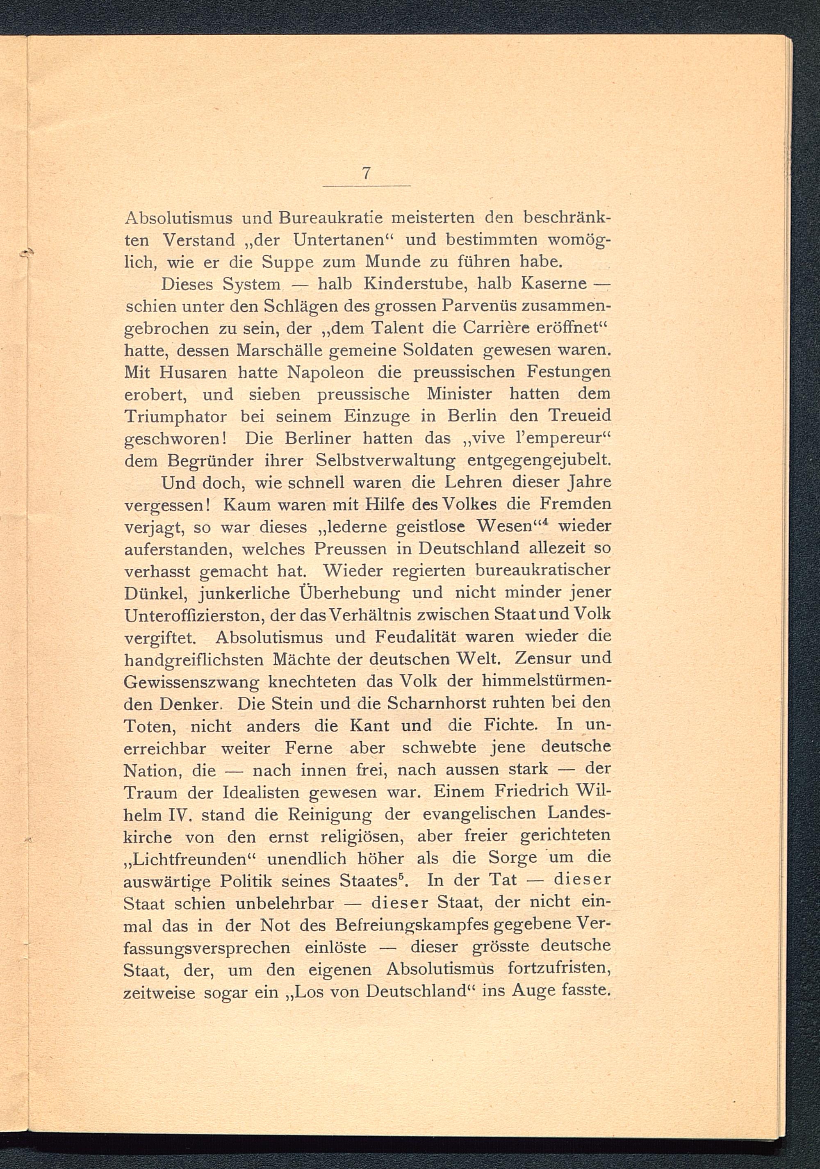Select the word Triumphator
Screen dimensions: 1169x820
[x=175, y=417]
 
